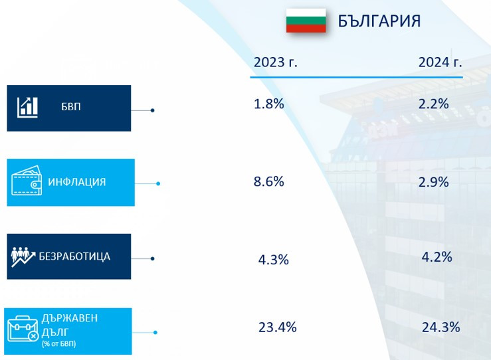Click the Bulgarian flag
pos(306,21)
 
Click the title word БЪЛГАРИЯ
pos(379,21)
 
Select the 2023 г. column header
pos(275,62)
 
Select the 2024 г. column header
pos(440,62)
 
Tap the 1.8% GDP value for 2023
pos(269,104)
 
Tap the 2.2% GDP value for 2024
pos(435,104)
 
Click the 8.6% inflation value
pos(269,181)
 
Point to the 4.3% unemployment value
pos(273,260)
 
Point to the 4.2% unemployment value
pos(437,256)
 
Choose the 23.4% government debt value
pos(277,327)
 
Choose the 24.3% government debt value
pos(441,327)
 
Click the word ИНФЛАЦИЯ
pos(76,182)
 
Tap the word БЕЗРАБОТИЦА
pos(75,256)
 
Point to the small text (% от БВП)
pos(58,343)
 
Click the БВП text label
pos(70,107)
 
